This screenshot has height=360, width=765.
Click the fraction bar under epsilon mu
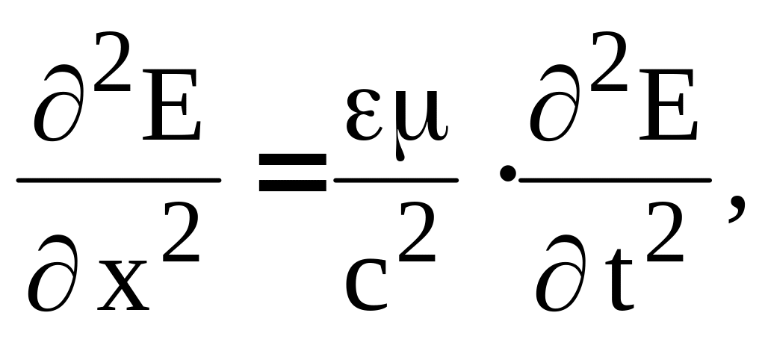396,180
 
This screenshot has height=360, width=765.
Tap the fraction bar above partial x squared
119,180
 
